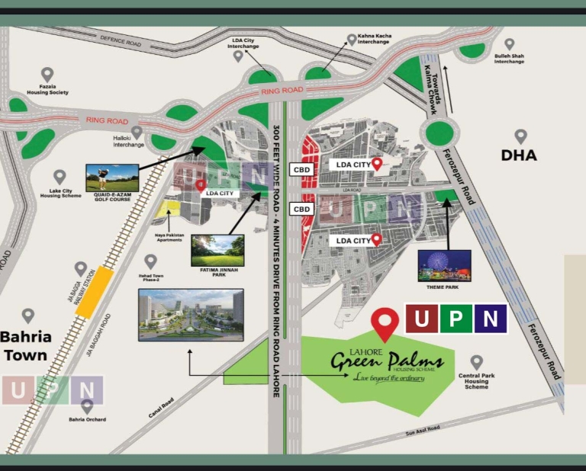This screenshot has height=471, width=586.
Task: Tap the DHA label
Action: click(x=518, y=155)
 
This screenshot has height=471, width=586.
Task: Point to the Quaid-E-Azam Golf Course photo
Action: click(x=112, y=177)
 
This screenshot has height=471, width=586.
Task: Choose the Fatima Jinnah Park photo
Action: click(x=217, y=249)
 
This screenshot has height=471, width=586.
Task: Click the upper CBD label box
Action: click(x=302, y=170)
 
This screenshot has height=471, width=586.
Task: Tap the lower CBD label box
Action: click(x=302, y=208)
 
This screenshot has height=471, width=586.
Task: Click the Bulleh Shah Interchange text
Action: click(x=509, y=59)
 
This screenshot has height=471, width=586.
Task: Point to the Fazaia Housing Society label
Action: click(x=49, y=90)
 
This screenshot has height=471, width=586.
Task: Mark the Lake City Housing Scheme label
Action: click(x=60, y=193)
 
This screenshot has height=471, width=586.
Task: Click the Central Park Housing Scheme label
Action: click(x=477, y=381)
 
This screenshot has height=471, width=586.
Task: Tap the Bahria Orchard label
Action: click(x=87, y=419)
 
